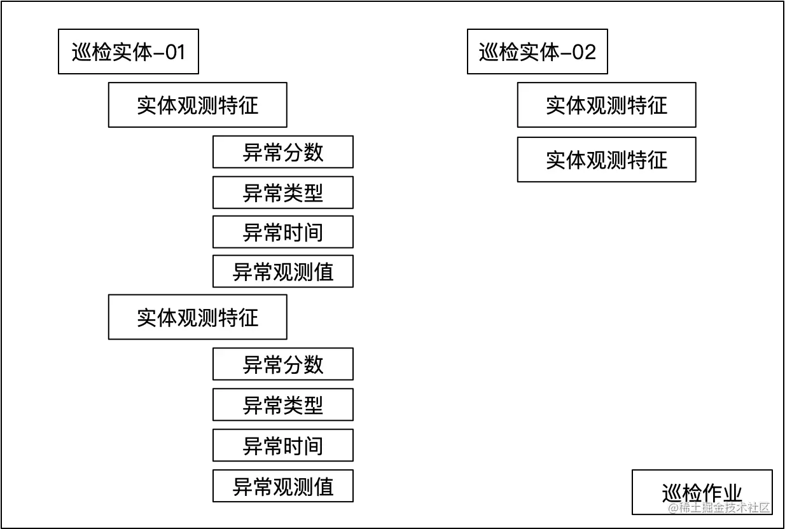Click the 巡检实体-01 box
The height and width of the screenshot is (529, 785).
(128, 52)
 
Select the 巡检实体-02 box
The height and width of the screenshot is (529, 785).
(538, 52)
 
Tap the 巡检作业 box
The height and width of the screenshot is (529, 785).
(702, 492)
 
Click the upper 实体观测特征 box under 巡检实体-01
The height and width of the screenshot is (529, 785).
(198, 105)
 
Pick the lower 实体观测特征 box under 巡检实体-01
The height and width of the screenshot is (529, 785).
(198, 317)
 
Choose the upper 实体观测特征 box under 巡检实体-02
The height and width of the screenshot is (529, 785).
(606, 105)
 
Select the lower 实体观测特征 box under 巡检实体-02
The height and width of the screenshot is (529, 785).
(606, 160)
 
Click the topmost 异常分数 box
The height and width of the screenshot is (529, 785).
(284, 152)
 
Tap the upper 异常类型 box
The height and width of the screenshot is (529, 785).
(284, 192)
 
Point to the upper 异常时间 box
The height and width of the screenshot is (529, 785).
(284, 232)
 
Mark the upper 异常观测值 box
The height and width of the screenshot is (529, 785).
(284, 272)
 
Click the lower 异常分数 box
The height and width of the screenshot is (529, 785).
(284, 364)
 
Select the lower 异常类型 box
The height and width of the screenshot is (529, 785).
(284, 405)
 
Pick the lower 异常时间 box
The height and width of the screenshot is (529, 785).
(284, 446)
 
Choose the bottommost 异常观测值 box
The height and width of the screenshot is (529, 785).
(284, 486)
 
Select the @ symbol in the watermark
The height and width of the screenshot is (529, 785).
(673, 507)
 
